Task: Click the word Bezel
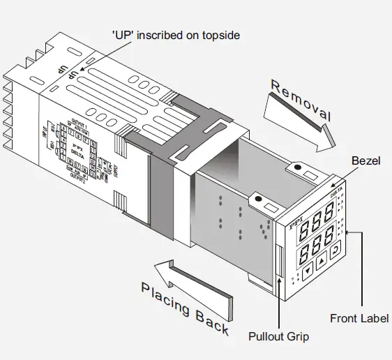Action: (366, 160)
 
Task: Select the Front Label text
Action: (359, 319)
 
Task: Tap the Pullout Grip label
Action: (279, 336)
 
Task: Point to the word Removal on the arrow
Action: (301, 101)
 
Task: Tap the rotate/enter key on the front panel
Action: (336, 252)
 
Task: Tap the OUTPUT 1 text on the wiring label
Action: (79, 125)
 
